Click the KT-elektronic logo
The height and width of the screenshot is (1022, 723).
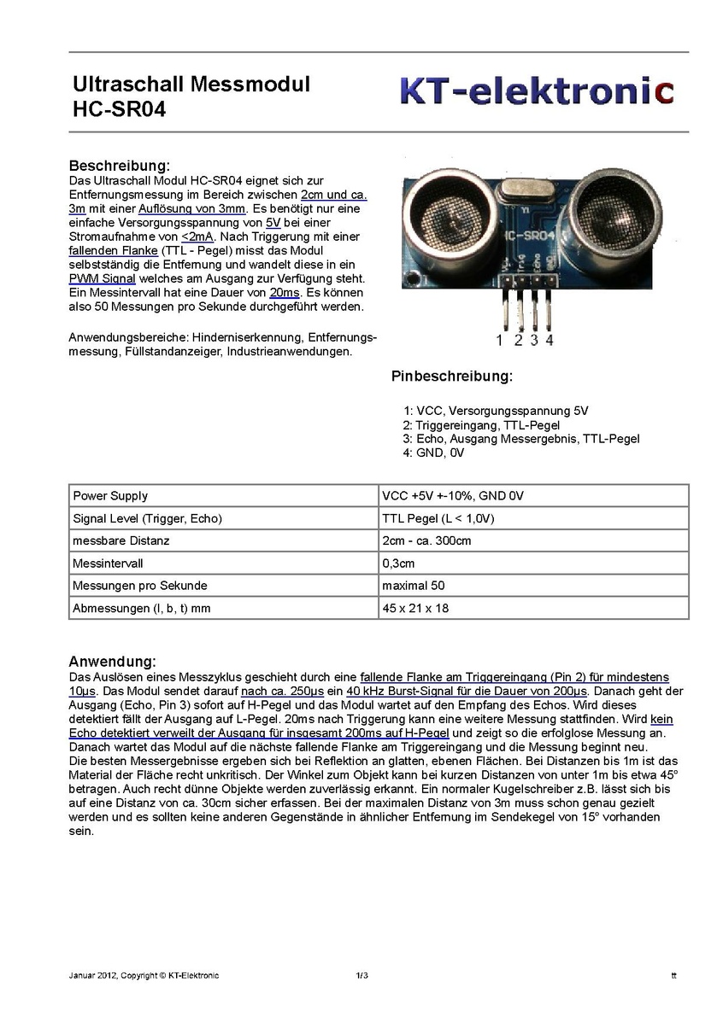point(537,91)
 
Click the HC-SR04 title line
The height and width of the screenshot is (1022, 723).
point(120,109)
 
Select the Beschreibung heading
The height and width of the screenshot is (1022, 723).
point(120,166)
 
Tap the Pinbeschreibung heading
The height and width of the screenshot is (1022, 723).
point(452,377)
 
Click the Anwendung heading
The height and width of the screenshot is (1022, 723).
point(112,662)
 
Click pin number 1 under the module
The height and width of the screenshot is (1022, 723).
point(500,340)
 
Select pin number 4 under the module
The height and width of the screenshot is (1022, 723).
point(549,340)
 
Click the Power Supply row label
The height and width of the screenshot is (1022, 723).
point(110,496)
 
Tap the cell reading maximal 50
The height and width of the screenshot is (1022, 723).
point(414,586)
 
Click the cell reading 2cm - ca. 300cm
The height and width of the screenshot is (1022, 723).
point(426,541)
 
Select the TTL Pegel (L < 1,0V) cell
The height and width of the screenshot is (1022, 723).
point(438,518)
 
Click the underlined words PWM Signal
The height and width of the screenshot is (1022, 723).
point(97,279)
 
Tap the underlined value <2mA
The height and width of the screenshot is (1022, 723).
point(197,237)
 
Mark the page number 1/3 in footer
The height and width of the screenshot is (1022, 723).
point(361,976)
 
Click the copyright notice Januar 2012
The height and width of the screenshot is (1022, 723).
point(144,976)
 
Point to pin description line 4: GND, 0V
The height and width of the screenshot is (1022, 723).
point(433,453)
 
